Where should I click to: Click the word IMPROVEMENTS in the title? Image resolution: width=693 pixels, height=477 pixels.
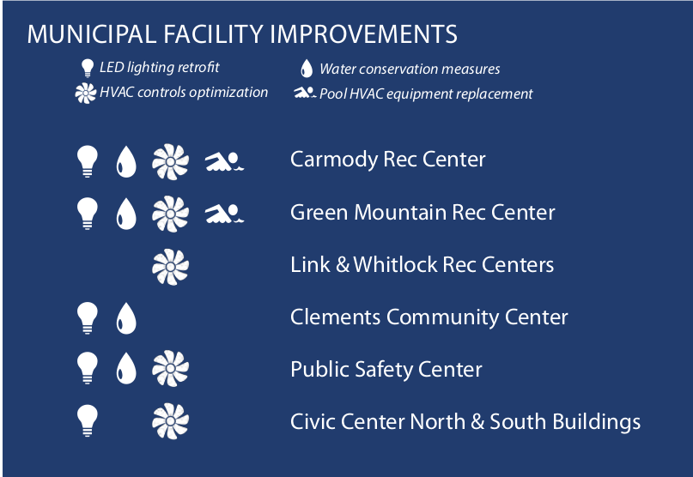point(363,34)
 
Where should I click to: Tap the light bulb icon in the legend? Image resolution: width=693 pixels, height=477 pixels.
point(88,68)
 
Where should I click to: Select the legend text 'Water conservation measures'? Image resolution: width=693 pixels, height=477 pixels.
point(410,69)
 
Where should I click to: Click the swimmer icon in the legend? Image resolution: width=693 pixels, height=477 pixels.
point(305,93)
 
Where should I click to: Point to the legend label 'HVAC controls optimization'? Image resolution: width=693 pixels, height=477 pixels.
point(184,93)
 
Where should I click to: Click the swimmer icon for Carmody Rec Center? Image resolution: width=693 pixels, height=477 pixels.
point(224,161)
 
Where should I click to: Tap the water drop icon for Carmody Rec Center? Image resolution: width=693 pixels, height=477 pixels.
point(126,161)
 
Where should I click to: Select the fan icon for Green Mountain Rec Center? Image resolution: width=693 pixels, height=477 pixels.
point(171,214)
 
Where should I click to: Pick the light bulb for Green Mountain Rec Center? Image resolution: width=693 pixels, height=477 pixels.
point(88,214)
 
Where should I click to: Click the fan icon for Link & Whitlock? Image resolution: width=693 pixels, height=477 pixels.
point(171,267)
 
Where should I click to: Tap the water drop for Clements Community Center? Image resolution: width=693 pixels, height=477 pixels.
point(126,318)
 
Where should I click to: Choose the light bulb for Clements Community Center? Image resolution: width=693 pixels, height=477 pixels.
point(88,318)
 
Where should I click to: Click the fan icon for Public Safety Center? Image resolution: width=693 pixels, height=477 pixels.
point(171,369)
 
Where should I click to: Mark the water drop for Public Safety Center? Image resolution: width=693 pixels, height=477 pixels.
point(126,368)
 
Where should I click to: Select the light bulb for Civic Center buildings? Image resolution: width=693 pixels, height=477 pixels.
point(88,420)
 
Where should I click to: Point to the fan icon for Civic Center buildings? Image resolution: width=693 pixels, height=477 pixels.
point(171,421)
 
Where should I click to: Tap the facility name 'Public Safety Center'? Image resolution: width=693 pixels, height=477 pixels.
point(386,370)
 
